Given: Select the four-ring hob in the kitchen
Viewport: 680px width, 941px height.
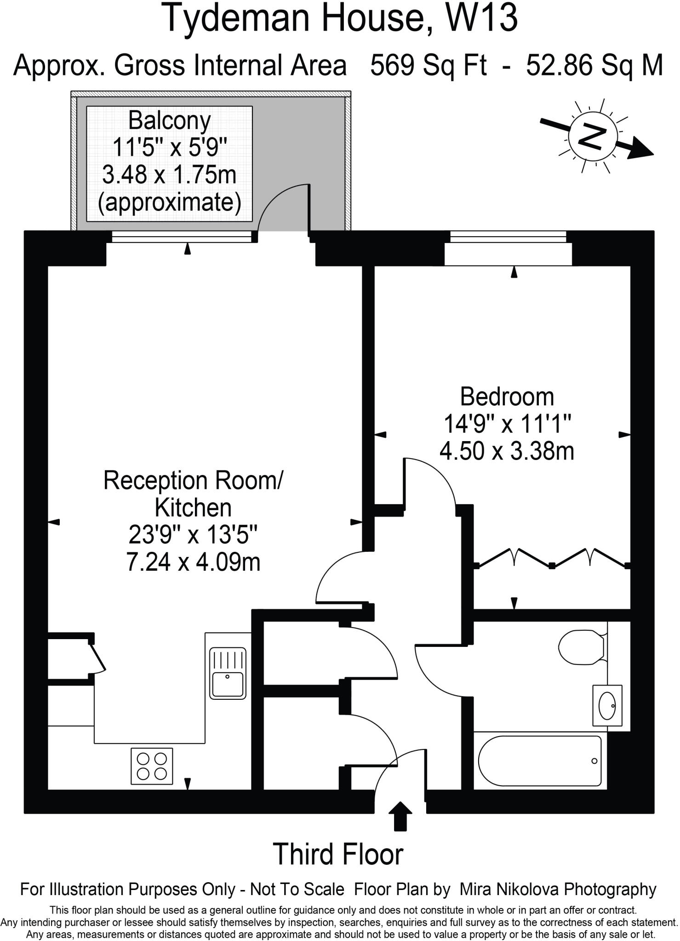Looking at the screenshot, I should (152, 766).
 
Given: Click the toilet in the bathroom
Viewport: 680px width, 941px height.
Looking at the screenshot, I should (581, 647).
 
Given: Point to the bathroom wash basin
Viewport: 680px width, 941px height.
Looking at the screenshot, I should (607, 706).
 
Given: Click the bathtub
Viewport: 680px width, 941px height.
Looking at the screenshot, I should (540, 761).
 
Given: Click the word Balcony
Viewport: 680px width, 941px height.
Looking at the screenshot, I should (169, 121).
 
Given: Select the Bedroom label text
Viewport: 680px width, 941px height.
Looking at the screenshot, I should (507, 397).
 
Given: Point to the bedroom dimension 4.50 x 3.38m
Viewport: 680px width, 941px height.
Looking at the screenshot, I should (507, 451).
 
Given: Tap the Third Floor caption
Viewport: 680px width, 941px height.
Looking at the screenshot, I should (338, 854).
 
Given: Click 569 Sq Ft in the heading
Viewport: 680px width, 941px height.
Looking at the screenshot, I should (429, 65).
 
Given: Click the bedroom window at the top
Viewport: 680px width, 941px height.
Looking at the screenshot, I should (508, 237).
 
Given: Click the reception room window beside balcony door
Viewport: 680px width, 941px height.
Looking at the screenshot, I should (182, 237).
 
